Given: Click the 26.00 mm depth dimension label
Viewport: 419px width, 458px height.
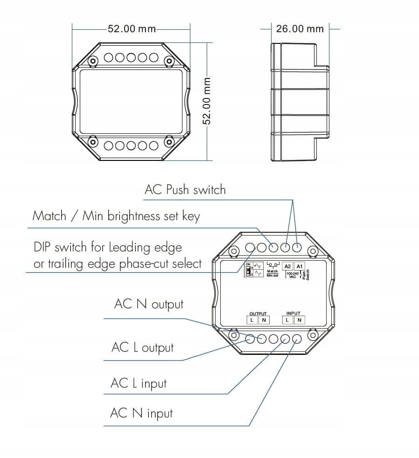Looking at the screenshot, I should pos(300,29).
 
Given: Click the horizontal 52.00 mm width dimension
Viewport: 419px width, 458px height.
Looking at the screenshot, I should pos(132,29).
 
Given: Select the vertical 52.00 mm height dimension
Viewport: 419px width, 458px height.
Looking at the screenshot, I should pos(207,101).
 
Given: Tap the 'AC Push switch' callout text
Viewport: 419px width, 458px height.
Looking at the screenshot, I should pos(185,190).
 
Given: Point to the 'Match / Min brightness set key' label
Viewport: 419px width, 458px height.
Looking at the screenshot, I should pos(116,216).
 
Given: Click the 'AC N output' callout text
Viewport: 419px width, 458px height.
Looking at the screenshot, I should pos(148,304).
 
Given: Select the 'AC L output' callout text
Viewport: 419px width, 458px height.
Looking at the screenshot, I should pos(142,348).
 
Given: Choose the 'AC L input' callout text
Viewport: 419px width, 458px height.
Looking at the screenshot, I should pos(138,383).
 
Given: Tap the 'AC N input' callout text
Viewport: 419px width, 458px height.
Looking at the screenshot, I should pos(141,413).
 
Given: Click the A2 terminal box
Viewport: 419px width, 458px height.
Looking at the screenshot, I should pos(288,266).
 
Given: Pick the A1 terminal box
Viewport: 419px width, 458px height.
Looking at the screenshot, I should pos(300,266).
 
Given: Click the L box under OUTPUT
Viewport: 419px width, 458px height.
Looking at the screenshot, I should pos(252,320).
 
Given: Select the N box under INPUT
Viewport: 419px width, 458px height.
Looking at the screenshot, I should pos(299,320).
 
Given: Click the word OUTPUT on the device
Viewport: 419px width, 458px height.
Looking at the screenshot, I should pos(258,314).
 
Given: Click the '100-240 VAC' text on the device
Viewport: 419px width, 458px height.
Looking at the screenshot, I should pos(292,275).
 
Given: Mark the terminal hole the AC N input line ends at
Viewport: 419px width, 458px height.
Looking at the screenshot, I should pos(297,339).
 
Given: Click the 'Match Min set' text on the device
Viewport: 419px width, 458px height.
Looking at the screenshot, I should pos(272,273).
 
